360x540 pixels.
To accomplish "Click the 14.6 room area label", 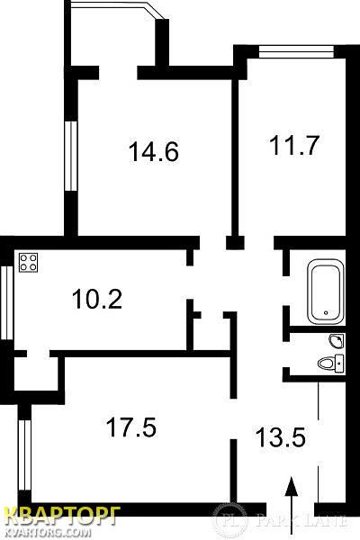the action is [x=154, y=152].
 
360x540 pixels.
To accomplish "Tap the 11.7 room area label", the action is [x=294, y=145].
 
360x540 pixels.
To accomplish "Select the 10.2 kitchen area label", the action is [x=97, y=299].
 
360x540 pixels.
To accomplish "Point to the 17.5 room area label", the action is [x=131, y=427].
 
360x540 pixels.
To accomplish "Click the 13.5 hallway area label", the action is [x=281, y=436].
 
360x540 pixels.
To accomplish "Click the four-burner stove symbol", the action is [x=28, y=263].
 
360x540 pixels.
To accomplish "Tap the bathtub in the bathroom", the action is [x=326, y=292].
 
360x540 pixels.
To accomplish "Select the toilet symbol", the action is [x=330, y=363].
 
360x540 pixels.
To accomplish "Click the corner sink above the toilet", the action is [x=337, y=340].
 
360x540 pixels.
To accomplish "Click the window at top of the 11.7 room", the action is [x=296, y=51].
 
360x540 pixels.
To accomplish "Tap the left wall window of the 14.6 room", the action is [x=71, y=156].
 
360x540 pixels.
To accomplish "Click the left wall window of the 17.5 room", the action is [x=24, y=454].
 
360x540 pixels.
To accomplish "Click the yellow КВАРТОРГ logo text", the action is [x=62, y=517].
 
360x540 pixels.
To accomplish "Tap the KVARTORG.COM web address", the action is [x=49, y=533].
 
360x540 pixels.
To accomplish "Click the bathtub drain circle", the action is [x=326, y=312].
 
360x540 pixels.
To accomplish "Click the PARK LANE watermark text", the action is [x=301, y=520].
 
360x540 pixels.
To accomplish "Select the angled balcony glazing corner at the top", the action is [x=156, y=10].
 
